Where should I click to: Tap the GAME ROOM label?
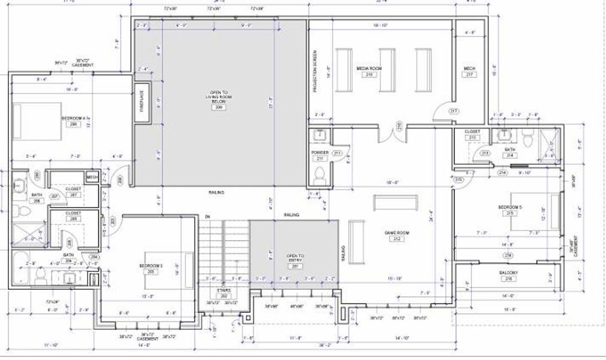[x=396, y=235]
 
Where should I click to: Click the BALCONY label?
[x=508, y=272]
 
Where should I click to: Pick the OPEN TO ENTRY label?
[x=295, y=259]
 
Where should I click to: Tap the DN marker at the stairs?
[x=207, y=215]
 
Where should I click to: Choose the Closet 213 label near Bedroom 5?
[x=472, y=134]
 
